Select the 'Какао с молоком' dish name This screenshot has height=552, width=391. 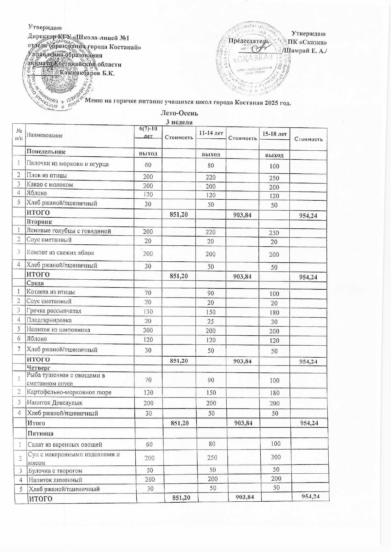click(49, 185)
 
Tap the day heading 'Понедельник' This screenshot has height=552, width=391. click(46, 151)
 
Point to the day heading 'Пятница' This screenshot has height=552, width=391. click(40, 433)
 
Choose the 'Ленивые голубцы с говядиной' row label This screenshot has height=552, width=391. click(69, 231)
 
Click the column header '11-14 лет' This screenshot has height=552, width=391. click(211, 133)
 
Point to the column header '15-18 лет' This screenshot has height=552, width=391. click(274, 134)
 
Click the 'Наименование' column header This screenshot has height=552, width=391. click(44, 135)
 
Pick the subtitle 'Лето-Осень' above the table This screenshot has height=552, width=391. click(179, 113)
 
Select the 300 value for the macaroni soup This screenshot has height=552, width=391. click(275, 457)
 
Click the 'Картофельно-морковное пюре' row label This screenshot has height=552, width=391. click(69, 392)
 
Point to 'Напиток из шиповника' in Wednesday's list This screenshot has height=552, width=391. click(58, 330)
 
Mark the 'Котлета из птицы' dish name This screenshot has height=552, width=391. click(51, 292)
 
